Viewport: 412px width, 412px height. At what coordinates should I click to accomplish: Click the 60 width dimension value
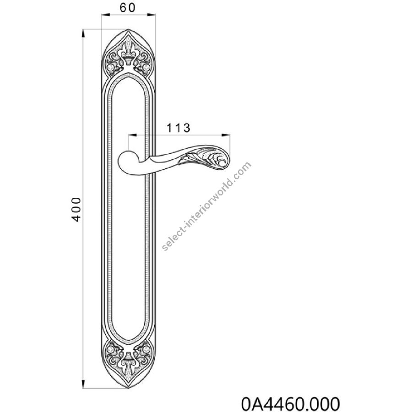click(127, 8)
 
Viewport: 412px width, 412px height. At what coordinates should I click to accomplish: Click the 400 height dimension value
click(76, 209)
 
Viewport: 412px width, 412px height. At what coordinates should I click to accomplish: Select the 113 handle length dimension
click(179, 128)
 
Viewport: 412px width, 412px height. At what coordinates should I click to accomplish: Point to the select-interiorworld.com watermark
click(207, 206)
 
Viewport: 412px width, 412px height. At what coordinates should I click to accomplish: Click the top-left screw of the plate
click(111, 67)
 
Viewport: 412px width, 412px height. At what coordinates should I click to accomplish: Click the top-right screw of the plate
click(146, 67)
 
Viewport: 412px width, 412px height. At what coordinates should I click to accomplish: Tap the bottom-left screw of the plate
click(111, 349)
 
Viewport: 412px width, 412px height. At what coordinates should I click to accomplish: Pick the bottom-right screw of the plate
click(146, 349)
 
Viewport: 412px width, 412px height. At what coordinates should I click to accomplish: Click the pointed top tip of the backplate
click(129, 29)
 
